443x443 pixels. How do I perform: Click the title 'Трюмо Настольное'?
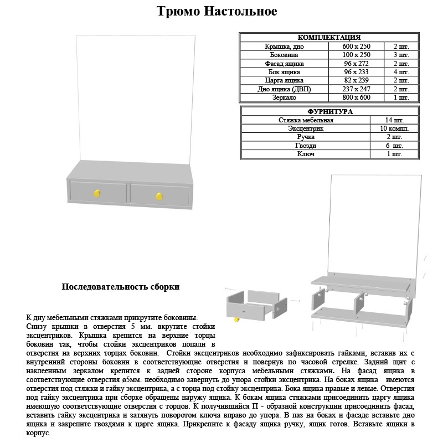pos(217,12)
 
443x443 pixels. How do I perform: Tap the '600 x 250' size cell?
pos(356,47)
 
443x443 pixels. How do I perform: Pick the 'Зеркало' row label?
pos(284,97)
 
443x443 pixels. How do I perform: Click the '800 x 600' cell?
pos(356,97)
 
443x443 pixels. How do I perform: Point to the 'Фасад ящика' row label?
pos(284,64)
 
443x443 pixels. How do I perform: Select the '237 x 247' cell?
pos(356,89)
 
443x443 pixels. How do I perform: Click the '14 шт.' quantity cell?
pos(394,120)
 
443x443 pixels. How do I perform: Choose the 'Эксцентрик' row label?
pos(306,128)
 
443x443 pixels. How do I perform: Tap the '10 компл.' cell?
pos(394,128)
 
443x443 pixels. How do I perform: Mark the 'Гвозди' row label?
pos(306,146)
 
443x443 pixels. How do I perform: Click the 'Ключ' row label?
pos(306,154)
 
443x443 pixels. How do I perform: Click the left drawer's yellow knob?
pos(97,193)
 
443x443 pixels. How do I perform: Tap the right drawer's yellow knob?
pos(159,195)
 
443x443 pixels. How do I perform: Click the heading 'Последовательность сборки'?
pos(120,287)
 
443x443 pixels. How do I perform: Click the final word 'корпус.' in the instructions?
pos(38,432)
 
